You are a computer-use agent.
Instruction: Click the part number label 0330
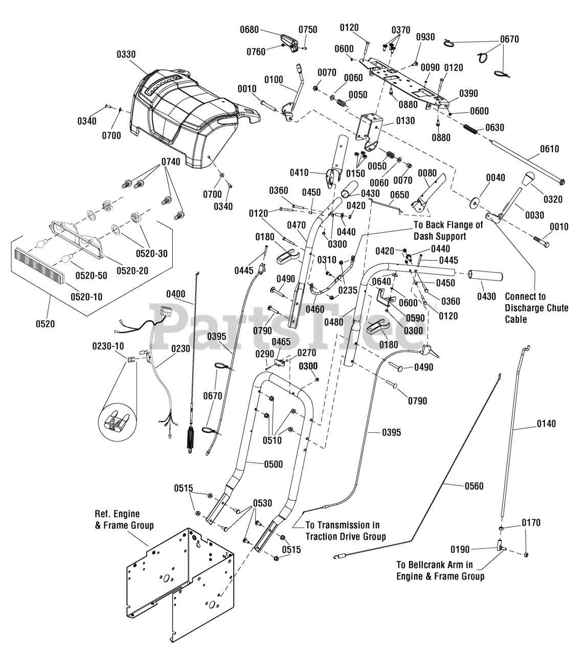(126, 54)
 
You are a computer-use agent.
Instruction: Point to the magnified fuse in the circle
(116, 422)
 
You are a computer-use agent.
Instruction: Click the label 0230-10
(108, 346)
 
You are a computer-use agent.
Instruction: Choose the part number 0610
(549, 149)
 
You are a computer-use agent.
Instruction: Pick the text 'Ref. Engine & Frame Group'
(124, 520)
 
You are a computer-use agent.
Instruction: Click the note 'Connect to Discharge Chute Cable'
(536, 308)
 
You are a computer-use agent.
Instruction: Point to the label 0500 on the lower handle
(274, 464)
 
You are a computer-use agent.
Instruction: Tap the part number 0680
(249, 30)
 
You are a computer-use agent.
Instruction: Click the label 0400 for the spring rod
(176, 294)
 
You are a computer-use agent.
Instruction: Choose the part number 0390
(468, 94)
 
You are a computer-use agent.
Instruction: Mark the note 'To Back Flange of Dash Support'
(448, 230)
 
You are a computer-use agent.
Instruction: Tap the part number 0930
(425, 37)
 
